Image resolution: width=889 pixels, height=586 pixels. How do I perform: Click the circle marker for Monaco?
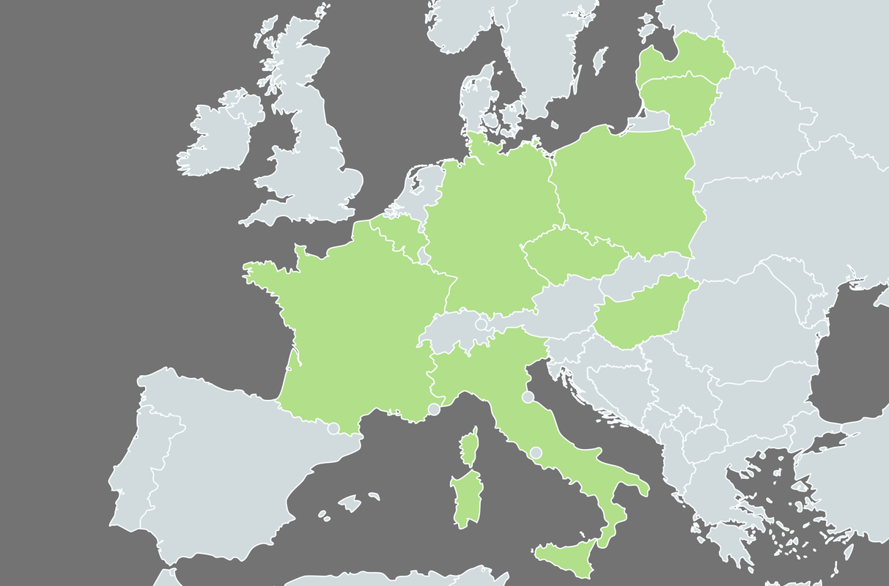[x=434, y=409]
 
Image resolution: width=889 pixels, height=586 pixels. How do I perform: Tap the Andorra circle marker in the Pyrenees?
[x=333, y=429]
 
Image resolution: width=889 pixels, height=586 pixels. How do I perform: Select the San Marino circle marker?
[x=528, y=397]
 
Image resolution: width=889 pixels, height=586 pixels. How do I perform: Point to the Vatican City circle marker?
[x=536, y=453]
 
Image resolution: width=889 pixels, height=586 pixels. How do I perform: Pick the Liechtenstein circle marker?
[x=482, y=324]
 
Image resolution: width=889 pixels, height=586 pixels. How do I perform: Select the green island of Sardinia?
[x=466, y=498]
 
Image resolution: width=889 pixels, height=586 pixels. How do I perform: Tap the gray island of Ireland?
[x=220, y=136]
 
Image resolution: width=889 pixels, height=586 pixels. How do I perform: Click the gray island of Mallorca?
[x=350, y=503]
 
